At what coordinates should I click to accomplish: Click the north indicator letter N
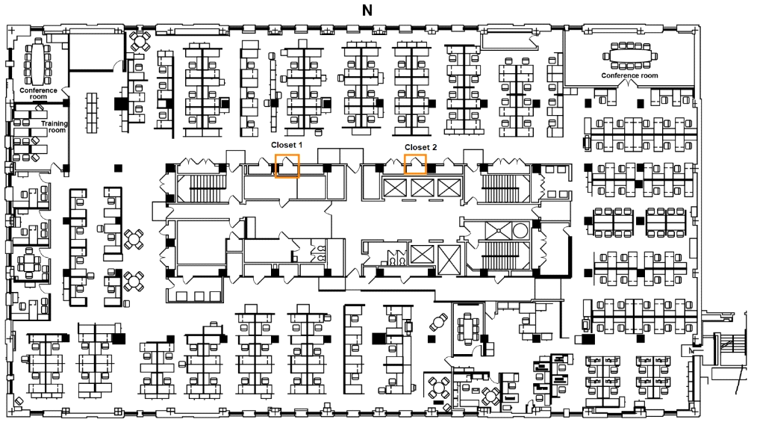(367, 10)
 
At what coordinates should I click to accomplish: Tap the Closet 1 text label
(287, 145)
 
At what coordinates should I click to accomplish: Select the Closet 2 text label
(420, 147)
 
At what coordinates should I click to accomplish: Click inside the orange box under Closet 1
(287, 167)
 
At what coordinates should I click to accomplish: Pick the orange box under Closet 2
(415, 164)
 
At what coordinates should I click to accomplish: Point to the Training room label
(54, 126)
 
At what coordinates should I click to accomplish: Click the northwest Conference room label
(38, 93)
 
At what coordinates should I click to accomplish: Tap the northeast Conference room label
(629, 75)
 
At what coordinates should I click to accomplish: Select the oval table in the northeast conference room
(630, 55)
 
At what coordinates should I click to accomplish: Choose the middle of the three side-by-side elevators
(423, 187)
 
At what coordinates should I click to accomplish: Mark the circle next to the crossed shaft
(520, 231)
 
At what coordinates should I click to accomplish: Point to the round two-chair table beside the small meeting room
(439, 321)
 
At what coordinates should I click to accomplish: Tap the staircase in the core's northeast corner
(499, 188)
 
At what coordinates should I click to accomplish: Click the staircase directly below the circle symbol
(499, 255)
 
